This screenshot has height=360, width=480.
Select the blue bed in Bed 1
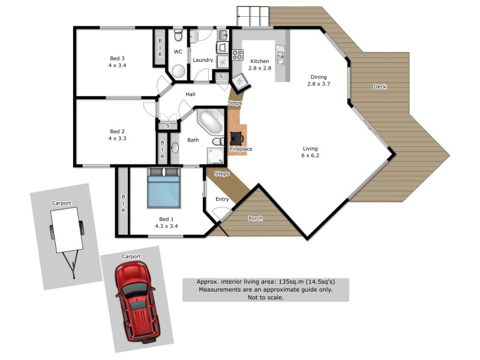[164, 188]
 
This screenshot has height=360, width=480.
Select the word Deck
[380, 86]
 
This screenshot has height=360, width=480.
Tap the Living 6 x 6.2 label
[310, 152]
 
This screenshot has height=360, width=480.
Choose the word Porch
[256, 218]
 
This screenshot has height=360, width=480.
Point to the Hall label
[190, 94]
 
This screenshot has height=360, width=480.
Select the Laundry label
[203, 60]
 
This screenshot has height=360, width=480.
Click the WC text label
[178, 52]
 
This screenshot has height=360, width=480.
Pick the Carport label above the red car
[131, 256]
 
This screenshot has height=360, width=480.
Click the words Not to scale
[265, 297]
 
